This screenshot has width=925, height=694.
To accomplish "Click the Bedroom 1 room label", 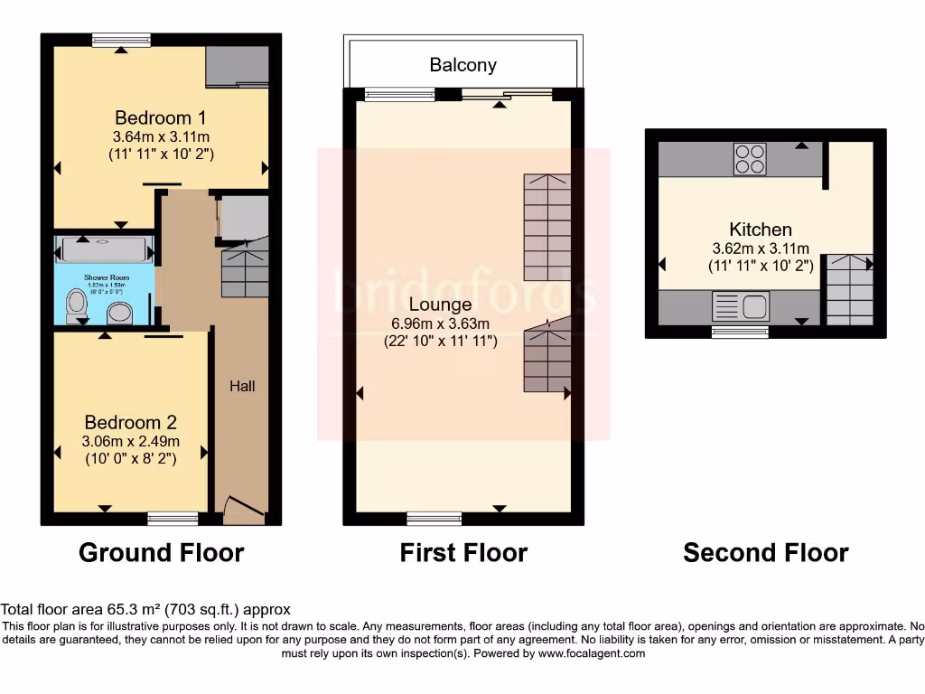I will [153, 117].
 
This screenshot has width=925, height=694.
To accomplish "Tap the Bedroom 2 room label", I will [130, 423].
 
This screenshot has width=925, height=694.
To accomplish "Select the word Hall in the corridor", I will [242, 386].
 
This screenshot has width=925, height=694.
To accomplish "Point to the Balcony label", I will [462, 65].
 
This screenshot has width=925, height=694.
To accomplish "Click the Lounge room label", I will [440, 305].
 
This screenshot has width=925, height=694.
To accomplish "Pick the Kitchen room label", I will [761, 230].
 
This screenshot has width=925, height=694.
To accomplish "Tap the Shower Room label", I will [107, 277].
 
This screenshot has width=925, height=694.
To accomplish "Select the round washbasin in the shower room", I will [119, 313].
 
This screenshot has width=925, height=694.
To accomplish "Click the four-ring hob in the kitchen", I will [749, 159].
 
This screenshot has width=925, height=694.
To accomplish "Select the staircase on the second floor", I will [849, 289].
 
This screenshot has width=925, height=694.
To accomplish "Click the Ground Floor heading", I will [162, 553].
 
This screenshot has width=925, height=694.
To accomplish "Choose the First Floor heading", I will [463, 553].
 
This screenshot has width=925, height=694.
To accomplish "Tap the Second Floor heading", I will [766, 553].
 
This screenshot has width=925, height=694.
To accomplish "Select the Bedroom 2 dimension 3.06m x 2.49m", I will [130, 442].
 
